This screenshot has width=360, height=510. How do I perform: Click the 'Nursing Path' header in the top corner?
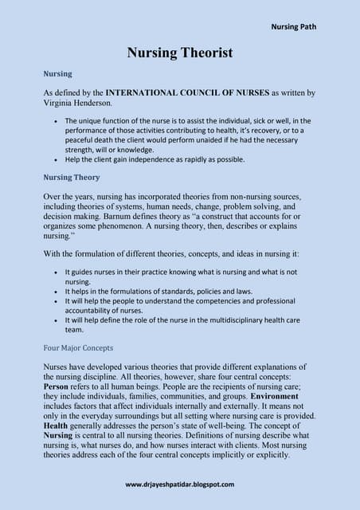(x=293, y=26)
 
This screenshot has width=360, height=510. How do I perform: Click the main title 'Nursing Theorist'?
(x=180, y=53)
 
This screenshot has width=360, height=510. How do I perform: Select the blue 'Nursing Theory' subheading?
(x=70, y=177)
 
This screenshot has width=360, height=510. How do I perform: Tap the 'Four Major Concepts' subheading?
(x=78, y=347)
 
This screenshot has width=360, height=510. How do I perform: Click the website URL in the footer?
(x=179, y=484)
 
